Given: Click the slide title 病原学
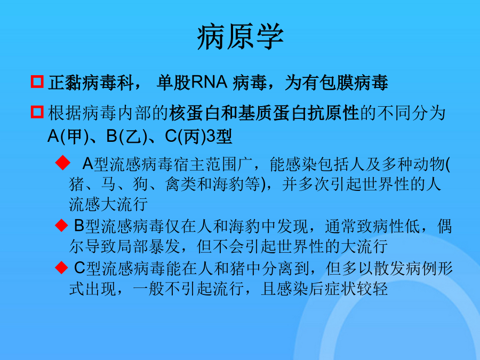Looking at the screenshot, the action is point(241,37).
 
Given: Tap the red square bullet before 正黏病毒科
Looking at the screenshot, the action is point(37,82).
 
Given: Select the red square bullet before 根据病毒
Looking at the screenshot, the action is point(37,112).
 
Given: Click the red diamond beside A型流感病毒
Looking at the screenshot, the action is point(63,163).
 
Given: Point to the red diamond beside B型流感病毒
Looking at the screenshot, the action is point(61,225).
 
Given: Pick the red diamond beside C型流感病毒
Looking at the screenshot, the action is point(61,268).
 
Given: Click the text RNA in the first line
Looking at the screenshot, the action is point(209,82).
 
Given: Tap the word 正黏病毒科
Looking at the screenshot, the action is point(91,83).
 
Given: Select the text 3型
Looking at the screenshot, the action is point(219,136).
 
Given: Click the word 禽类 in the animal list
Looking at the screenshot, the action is point(181,184).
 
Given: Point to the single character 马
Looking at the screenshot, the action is point(109,184).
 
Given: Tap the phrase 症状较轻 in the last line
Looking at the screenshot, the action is point(356,289).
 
